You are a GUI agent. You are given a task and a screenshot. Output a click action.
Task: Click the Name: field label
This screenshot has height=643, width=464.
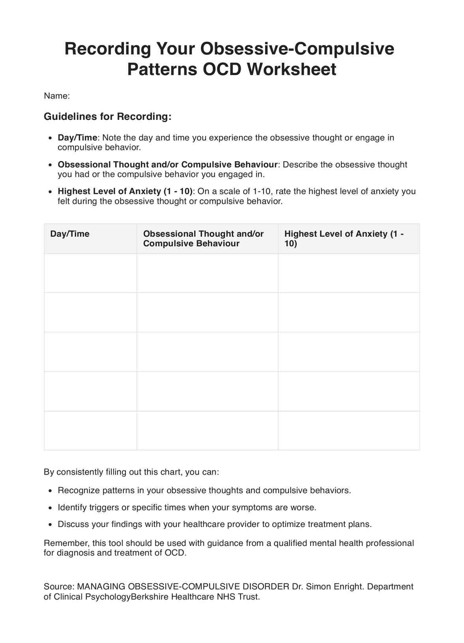tap(57, 96)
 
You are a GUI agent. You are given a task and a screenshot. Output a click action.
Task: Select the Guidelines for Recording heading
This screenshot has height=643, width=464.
tap(107, 116)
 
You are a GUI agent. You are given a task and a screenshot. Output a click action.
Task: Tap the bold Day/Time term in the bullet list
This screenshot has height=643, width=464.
tap(77, 138)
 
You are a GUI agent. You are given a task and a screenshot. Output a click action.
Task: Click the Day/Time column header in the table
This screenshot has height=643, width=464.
tap(70, 234)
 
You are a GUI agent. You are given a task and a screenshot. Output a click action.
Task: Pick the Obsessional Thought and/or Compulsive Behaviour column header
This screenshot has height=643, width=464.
tap(203, 238)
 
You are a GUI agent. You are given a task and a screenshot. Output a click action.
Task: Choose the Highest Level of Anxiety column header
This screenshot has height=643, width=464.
tap(343, 238)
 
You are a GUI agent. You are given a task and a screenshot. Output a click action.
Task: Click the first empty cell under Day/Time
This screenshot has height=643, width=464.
tap(90, 273)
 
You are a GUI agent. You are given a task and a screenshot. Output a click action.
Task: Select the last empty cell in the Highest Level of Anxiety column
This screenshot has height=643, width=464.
tap(349, 430)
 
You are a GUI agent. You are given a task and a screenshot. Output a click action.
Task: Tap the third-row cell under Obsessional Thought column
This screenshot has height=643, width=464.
tap(207, 352)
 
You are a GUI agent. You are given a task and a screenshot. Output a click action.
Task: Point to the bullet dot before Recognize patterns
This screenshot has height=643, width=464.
tap(50, 491)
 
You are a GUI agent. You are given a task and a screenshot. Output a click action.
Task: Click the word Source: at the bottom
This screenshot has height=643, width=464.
tap(59, 587)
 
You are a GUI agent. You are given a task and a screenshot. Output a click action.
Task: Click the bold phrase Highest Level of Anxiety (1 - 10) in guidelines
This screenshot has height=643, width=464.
tap(125, 191)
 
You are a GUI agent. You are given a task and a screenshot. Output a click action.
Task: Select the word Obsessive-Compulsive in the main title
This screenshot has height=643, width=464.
tap(297, 49)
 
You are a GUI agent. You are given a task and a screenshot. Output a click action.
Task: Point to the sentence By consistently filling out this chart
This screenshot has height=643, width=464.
tap(131, 472)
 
